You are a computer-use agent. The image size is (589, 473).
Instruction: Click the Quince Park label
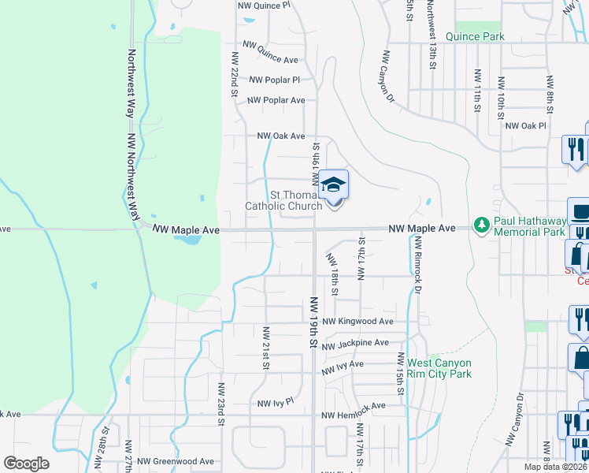pos(475,36)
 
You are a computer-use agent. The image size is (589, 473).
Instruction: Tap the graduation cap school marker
pos(334,185)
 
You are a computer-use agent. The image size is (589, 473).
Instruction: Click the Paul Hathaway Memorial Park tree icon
pos(482,226)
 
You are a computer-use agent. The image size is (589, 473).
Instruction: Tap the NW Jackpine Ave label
pos(355,343)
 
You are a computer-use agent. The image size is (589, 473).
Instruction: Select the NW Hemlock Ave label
pos(354,405)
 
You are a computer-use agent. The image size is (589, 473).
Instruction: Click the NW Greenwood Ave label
pos(176,461)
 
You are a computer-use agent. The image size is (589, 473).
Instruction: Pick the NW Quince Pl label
pos(264,5)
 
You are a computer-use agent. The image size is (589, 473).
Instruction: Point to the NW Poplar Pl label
pos(275,80)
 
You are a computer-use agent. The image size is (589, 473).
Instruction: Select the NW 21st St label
pos(266,348)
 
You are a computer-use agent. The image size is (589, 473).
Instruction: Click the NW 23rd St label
pos(222,403)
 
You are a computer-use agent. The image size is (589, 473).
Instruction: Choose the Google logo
pos(26,464)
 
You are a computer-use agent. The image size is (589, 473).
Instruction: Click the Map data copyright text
pos(556,467)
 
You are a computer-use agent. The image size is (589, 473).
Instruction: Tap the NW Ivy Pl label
pos(276,402)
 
